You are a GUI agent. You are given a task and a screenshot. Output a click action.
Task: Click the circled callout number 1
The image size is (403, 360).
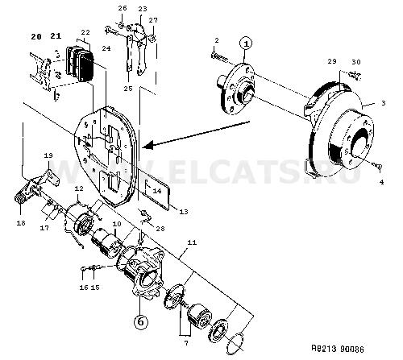click(247, 43)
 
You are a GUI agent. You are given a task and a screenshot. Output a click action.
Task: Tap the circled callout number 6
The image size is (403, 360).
click(141, 321)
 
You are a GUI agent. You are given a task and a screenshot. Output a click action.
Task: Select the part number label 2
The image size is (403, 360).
click(217, 40)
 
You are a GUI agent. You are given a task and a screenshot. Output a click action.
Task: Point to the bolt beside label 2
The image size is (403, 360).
click(220, 57)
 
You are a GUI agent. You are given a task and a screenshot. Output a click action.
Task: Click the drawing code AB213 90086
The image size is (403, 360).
click(338, 349)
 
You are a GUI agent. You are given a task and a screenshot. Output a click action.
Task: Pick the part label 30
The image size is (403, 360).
click(356, 62)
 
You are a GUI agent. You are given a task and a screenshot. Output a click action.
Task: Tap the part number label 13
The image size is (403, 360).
click(184, 212)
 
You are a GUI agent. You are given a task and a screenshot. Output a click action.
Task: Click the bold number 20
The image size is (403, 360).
click(36, 37)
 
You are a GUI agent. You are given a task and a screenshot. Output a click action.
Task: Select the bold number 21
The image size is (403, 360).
click(56, 35)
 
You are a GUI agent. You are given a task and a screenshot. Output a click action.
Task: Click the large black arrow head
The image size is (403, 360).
click(147, 145)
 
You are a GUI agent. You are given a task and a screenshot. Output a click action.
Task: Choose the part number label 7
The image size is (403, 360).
click(186, 343)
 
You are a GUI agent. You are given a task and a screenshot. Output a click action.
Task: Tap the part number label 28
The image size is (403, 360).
click(160, 229)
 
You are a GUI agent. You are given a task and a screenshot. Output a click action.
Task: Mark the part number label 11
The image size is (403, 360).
click(192, 242)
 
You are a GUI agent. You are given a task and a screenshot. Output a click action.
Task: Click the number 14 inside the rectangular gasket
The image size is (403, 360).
click(157, 191)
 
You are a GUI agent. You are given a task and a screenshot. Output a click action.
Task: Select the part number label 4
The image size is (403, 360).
click(381, 182)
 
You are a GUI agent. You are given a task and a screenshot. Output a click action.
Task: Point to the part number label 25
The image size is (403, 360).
click(128, 89)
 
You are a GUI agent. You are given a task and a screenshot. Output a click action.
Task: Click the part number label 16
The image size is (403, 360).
click(84, 288)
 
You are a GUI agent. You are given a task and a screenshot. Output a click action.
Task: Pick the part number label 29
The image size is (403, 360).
click(332, 61)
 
